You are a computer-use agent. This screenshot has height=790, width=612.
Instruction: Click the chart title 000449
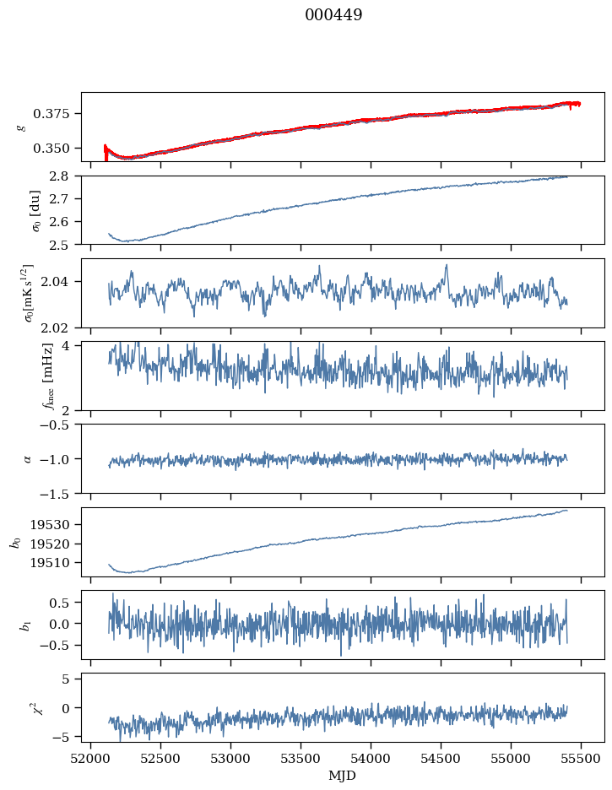point(333,15)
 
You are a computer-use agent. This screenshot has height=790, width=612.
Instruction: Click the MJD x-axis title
point(343,776)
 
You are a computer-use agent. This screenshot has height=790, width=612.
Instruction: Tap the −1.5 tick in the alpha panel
point(59,493)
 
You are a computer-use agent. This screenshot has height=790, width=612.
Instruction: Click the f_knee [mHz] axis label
point(24,376)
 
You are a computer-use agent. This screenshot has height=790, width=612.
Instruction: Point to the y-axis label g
point(22,127)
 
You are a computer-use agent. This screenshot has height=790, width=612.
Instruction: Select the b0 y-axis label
point(15,542)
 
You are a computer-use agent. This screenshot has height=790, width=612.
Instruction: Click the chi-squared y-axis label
point(24,708)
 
